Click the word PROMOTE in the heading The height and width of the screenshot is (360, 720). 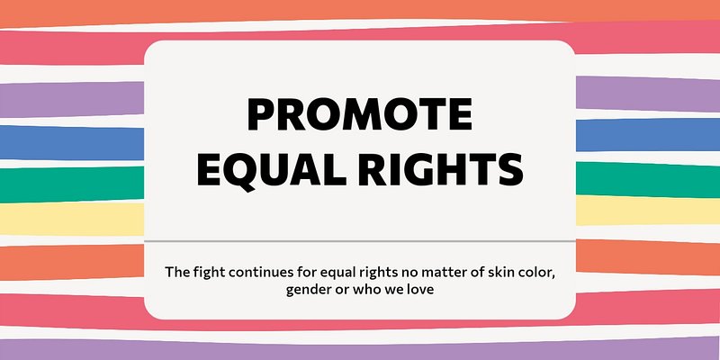click(x=359, y=114)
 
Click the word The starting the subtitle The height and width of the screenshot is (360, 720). click(x=175, y=272)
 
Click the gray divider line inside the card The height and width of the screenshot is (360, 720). click(x=359, y=241)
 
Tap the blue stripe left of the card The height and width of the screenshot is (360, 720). click(x=72, y=143)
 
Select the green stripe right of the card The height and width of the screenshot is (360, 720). click(x=648, y=179)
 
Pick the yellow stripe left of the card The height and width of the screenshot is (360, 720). click(x=72, y=219)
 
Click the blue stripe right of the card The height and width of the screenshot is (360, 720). click(x=648, y=134)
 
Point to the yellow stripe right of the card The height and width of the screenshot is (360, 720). click(x=648, y=211)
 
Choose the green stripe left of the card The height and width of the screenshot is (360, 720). click(x=72, y=184)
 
